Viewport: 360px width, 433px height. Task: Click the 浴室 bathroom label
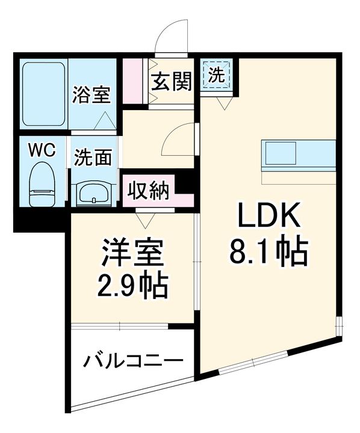point(92,94)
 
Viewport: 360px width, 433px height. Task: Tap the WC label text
point(42,150)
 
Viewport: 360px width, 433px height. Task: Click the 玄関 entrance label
point(171,82)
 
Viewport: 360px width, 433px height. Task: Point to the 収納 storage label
point(151,192)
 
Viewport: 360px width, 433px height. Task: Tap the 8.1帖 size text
point(268,253)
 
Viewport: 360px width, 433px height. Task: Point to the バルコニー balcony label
point(132,361)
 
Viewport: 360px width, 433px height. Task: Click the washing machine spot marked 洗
point(217,75)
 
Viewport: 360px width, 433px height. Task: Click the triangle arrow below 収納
point(145,219)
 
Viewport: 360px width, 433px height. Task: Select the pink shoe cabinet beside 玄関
point(135,81)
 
